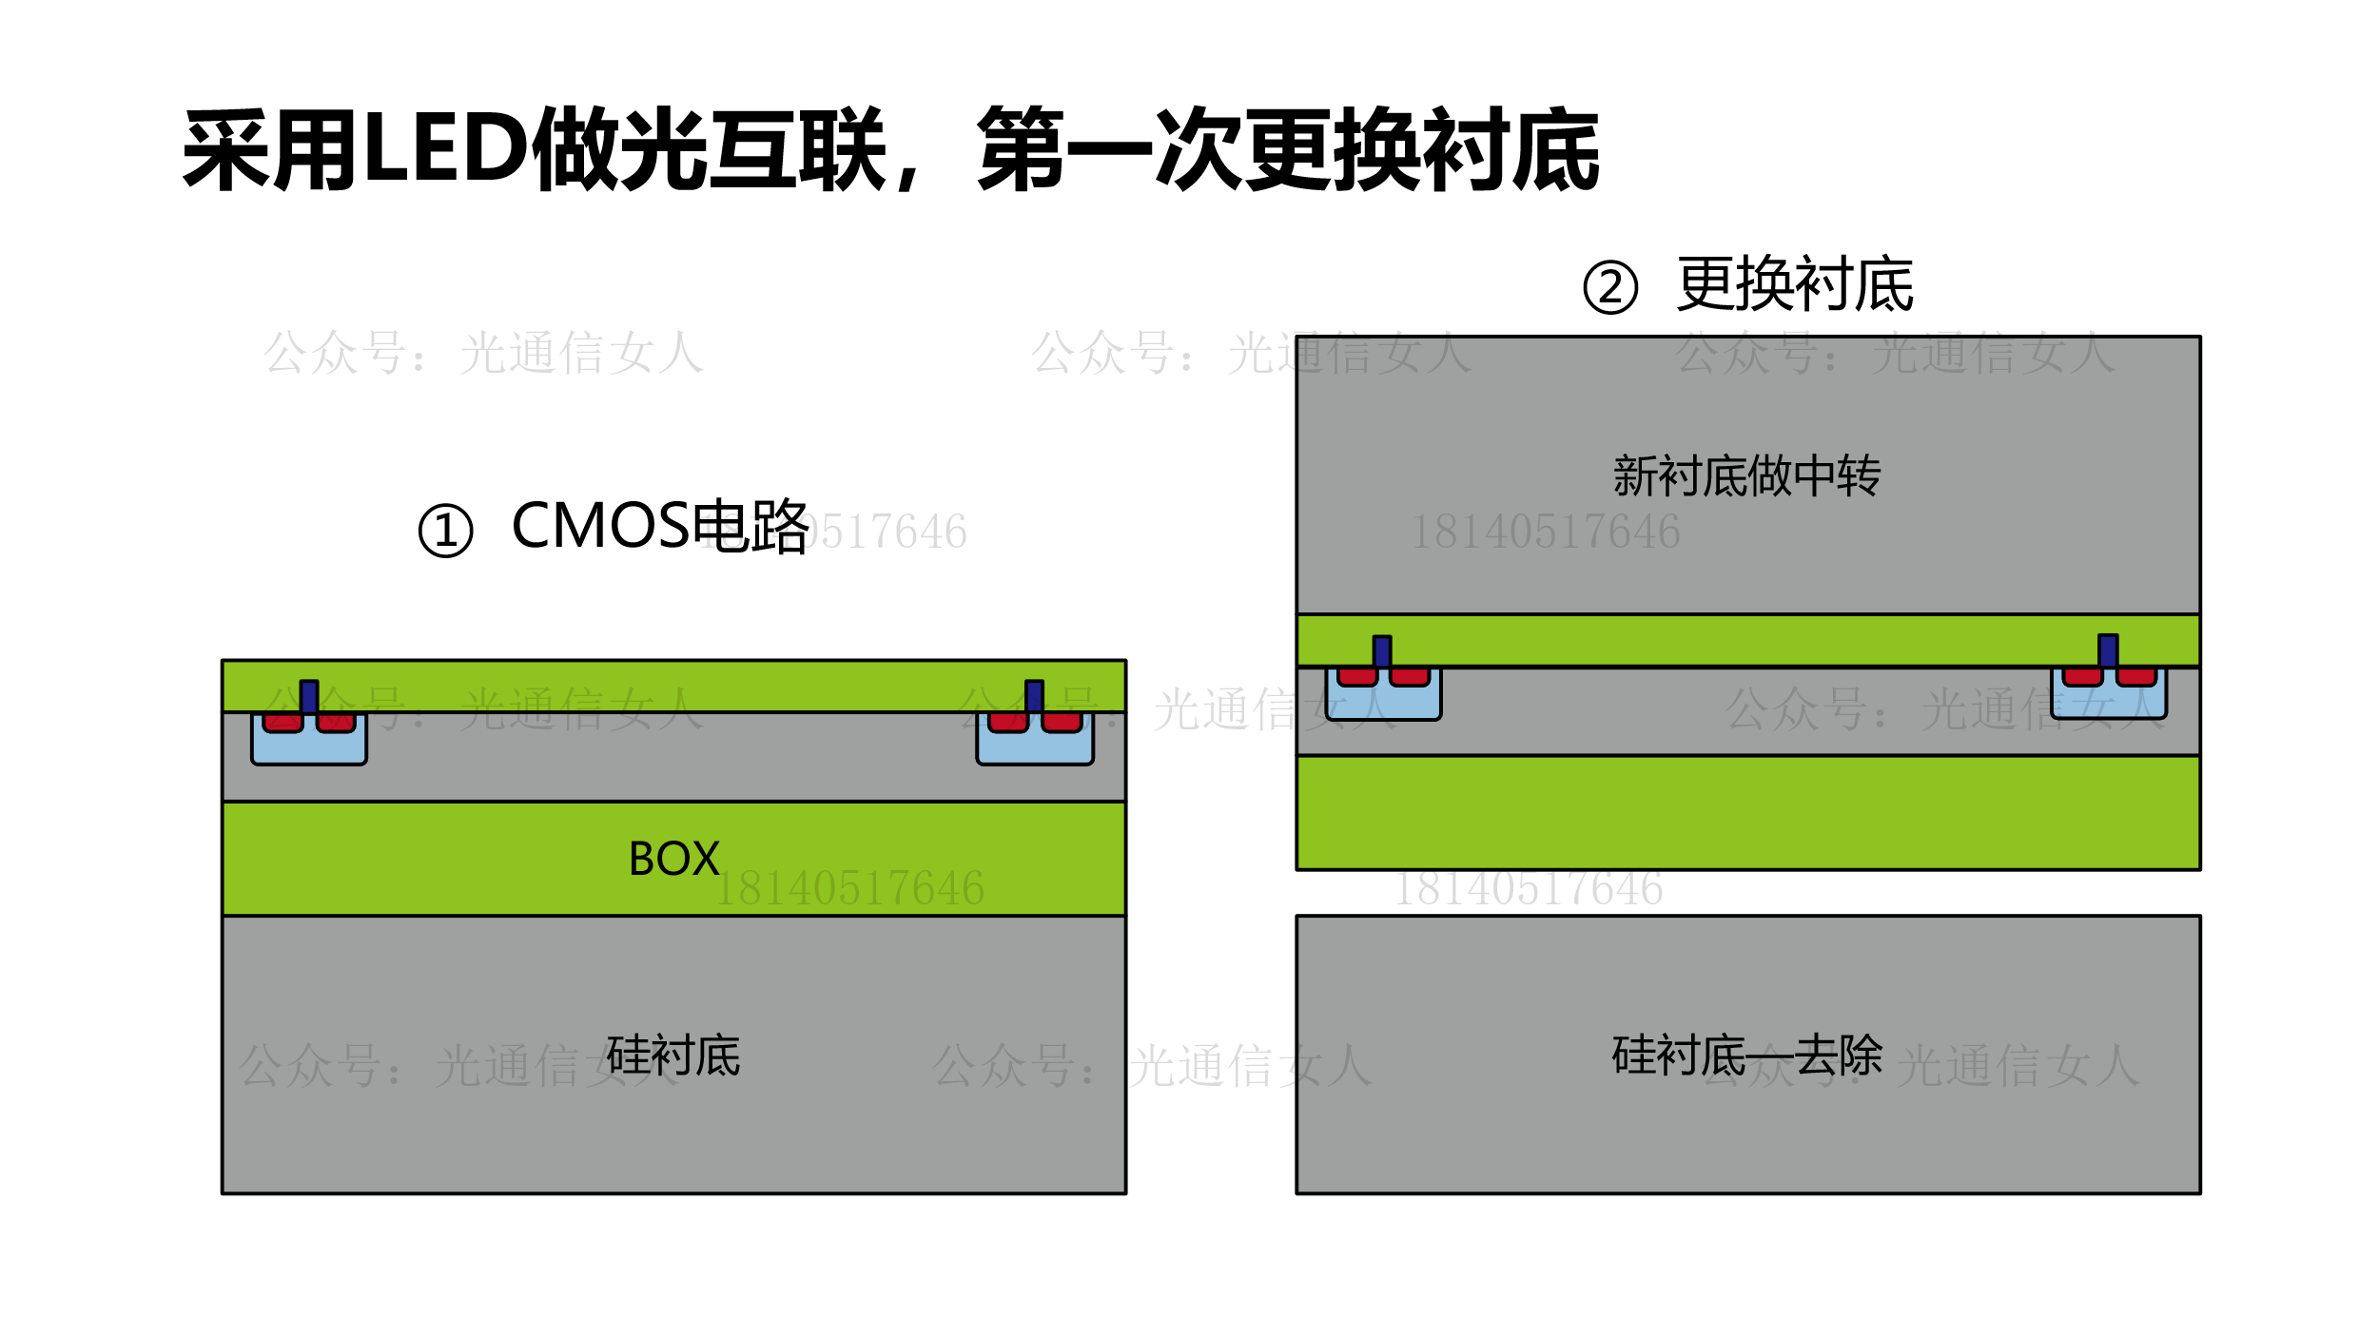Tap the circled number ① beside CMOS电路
(x=445, y=531)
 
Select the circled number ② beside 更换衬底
(x=1610, y=287)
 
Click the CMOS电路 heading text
(x=660, y=526)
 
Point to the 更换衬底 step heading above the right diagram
(x=1795, y=284)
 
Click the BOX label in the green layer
(x=673, y=859)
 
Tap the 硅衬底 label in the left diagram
(x=673, y=1056)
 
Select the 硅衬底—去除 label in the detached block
(x=1747, y=1056)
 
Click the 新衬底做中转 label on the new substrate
(x=1746, y=475)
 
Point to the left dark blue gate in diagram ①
(x=309, y=696)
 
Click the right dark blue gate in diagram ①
(x=1034, y=696)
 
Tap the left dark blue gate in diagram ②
(x=1382, y=651)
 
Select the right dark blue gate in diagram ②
(x=2108, y=650)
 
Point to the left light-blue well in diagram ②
(x=1383, y=703)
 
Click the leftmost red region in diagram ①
(x=283, y=724)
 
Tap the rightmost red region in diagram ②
(x=2136, y=677)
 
